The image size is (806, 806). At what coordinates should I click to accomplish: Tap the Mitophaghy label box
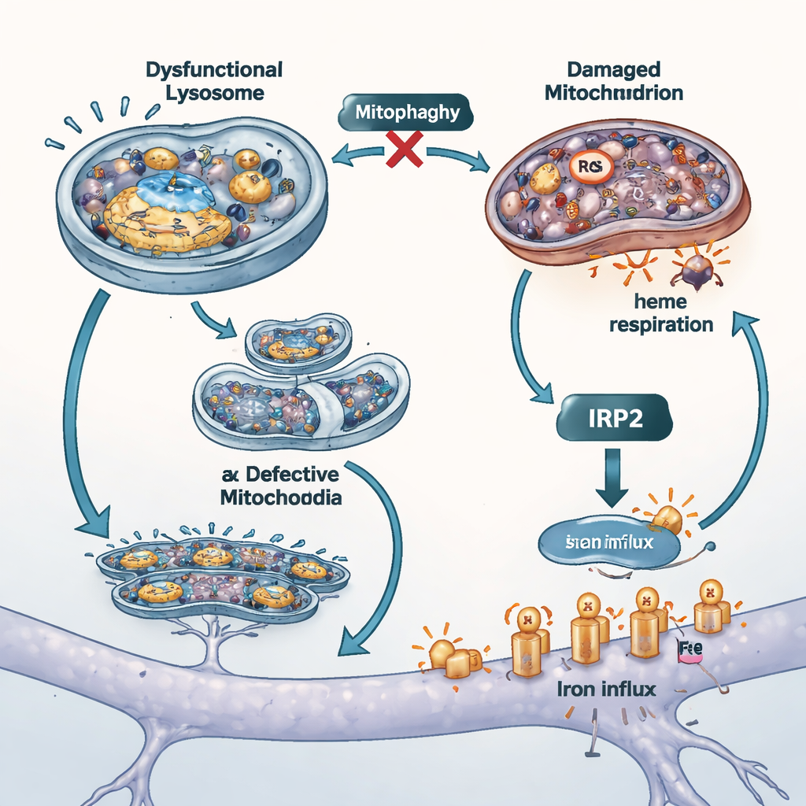(x=407, y=113)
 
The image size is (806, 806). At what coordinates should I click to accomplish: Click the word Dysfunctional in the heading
(x=213, y=69)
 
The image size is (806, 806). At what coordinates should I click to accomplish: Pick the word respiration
(x=662, y=324)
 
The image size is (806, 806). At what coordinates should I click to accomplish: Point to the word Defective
(x=290, y=475)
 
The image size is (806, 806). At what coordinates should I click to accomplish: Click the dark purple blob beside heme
(x=693, y=270)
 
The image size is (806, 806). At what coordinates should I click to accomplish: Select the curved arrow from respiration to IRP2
(x=524, y=338)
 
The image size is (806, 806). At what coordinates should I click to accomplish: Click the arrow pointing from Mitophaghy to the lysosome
(x=354, y=157)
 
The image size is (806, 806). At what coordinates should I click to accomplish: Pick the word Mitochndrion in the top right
(x=623, y=93)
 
